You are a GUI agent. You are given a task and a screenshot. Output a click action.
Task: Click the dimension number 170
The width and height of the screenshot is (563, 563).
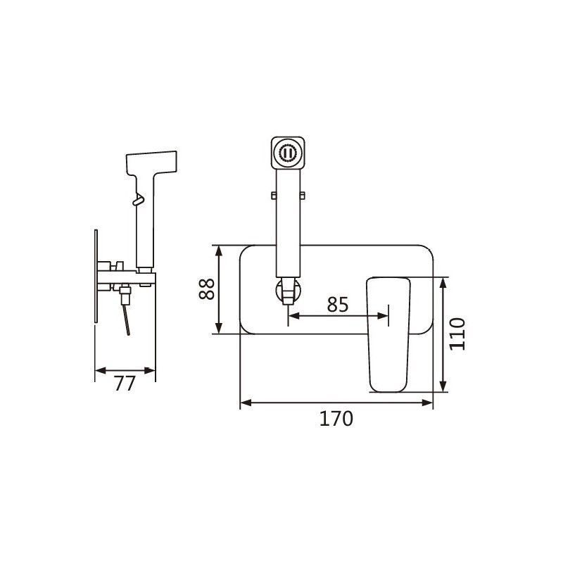coord(336,419)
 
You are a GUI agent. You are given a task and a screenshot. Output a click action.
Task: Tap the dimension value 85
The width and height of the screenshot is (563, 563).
coord(338,305)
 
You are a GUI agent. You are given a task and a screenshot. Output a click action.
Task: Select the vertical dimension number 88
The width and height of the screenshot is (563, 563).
coord(207,289)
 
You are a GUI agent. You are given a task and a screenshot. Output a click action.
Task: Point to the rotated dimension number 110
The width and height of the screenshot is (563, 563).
coord(457,334)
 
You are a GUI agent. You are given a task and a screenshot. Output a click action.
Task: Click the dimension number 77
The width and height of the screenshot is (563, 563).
coord(125,384)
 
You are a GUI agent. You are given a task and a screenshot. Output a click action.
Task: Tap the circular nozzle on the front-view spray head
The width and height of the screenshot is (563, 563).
coord(288,153)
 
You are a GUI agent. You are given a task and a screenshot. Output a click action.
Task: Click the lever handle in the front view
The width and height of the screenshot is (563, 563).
coord(388,334)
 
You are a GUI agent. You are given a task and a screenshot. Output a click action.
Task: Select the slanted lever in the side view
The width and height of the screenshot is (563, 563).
coord(126,320)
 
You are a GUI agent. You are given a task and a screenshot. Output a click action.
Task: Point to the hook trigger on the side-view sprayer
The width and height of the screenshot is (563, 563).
coord(139,200)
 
